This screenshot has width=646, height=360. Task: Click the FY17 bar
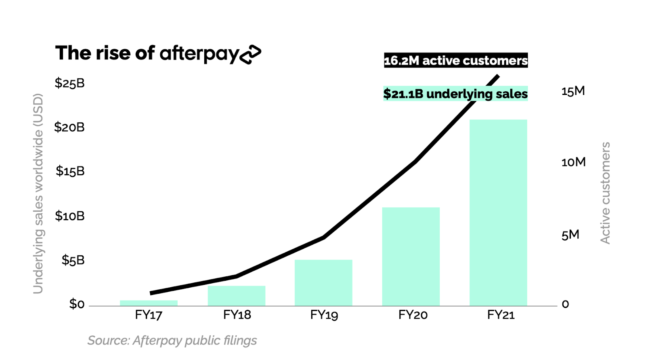[149, 303]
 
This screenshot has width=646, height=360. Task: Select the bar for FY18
[237, 296]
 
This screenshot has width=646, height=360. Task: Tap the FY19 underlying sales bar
[323, 282]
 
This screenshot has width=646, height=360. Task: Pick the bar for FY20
[411, 257]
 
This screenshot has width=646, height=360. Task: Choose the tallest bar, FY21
[498, 213]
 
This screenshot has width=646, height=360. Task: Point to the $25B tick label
[70, 83]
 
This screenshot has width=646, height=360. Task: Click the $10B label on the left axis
[70, 216]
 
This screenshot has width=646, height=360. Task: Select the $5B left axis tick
[73, 260]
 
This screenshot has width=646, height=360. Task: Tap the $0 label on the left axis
[77, 304]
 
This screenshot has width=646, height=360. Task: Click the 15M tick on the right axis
[573, 91]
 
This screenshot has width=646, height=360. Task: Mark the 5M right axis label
[570, 235]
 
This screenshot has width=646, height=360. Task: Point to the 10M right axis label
[573, 162]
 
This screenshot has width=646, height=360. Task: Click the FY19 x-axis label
[324, 315]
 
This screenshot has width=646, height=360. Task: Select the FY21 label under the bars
[501, 315]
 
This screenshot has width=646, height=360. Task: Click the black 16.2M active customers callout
[455, 61]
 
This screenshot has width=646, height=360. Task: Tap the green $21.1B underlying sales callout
[455, 94]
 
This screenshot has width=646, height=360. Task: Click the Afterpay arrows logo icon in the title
[250, 54]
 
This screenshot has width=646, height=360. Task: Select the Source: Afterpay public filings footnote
[172, 341]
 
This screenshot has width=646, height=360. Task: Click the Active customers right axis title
[605, 193]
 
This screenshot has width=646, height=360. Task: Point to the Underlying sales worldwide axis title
[38, 193]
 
